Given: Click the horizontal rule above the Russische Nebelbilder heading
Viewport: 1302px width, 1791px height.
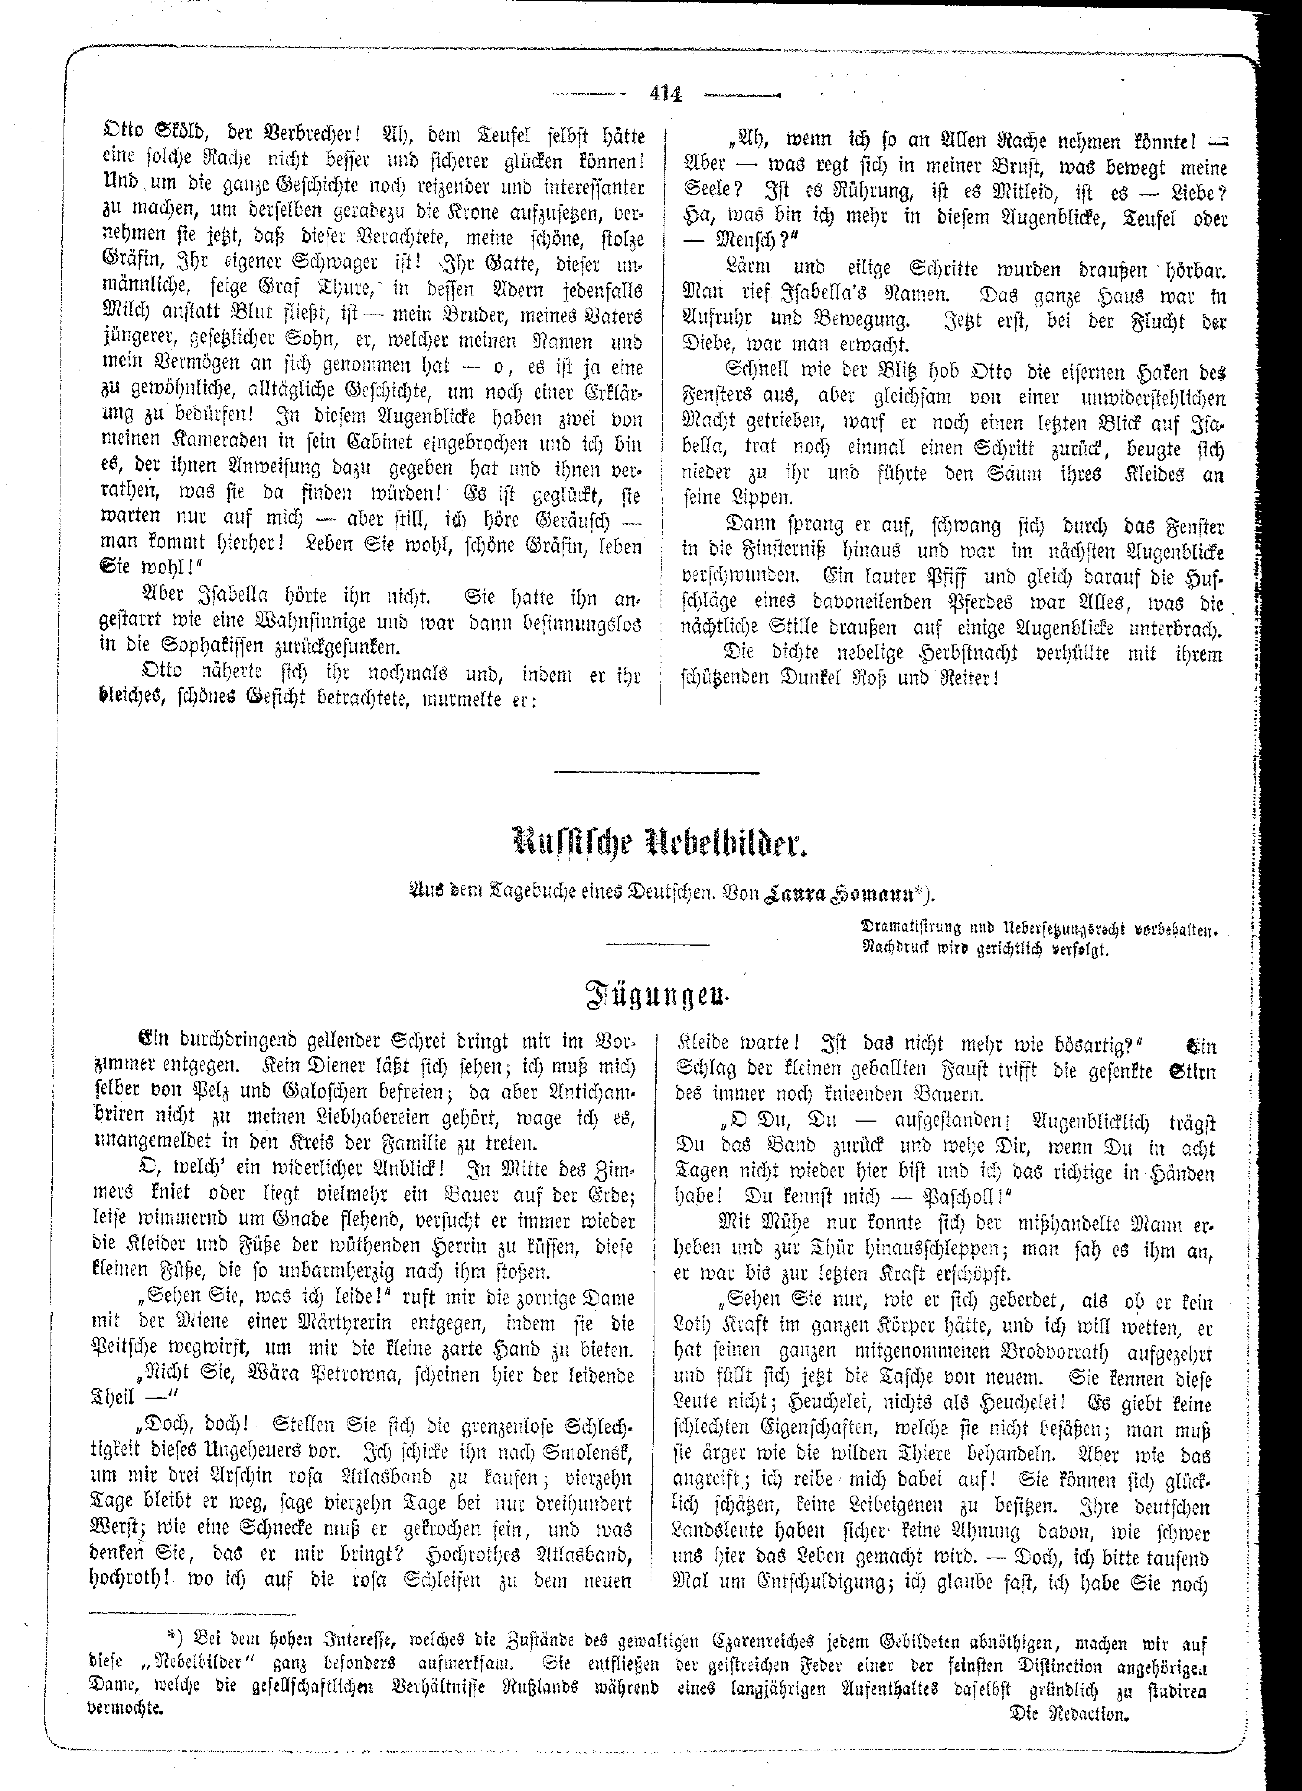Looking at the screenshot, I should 657,772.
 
